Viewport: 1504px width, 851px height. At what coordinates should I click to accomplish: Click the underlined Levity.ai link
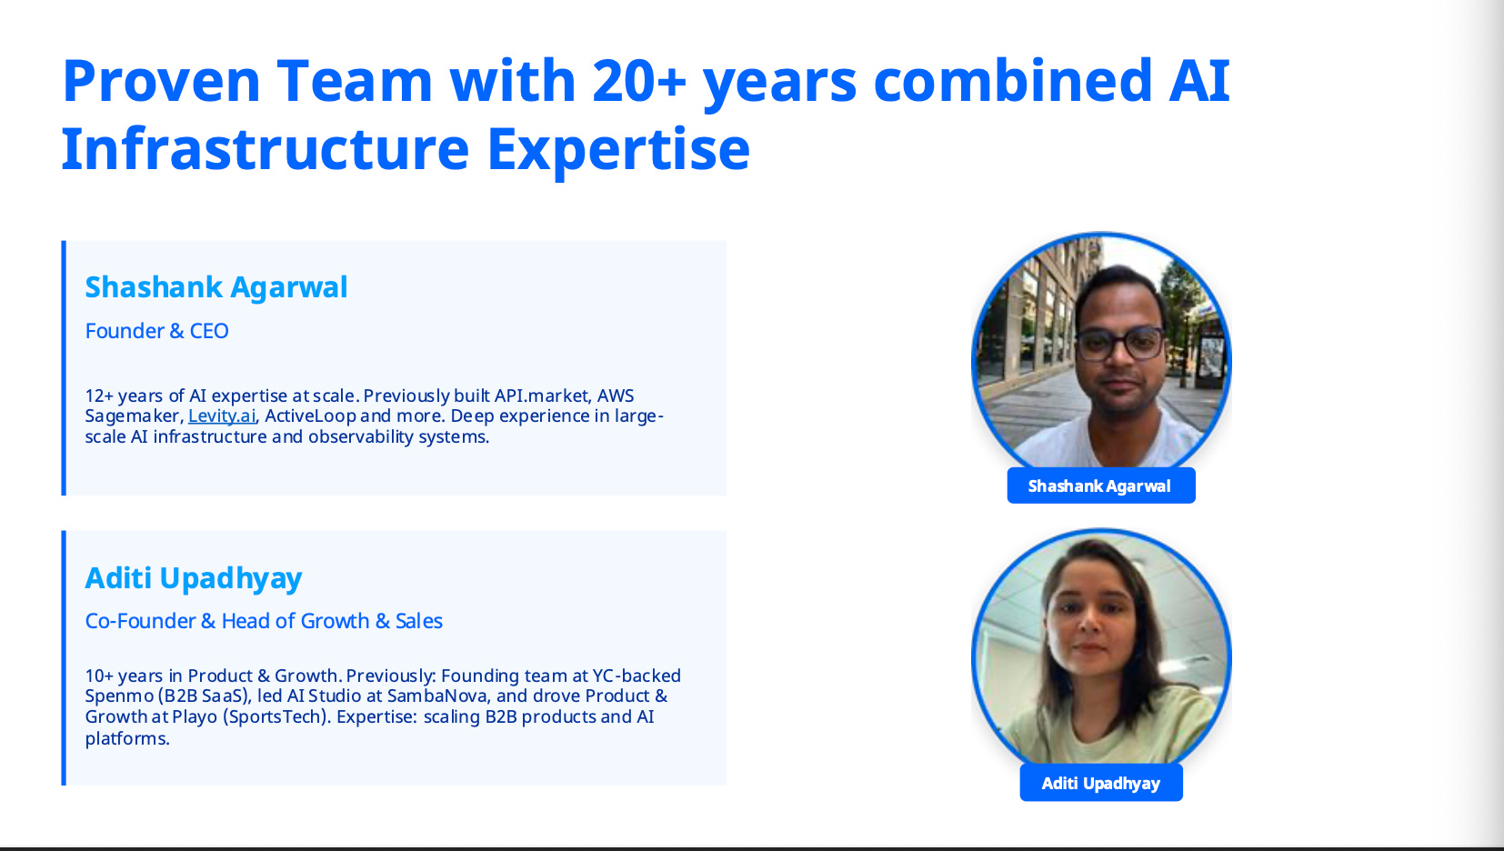click(x=222, y=416)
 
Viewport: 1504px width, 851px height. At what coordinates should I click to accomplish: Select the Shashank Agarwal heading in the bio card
click(x=216, y=288)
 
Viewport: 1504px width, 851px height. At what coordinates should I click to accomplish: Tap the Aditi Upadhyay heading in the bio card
click(x=194, y=579)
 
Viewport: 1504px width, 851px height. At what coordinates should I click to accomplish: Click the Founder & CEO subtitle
click(x=156, y=331)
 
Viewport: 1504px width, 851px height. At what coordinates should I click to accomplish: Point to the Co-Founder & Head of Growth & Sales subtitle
click(x=263, y=622)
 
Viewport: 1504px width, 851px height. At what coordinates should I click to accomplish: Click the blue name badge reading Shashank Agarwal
click(x=1101, y=486)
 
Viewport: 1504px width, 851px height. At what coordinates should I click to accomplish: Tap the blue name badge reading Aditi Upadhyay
click(x=1101, y=783)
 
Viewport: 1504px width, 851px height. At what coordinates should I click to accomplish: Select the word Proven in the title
click(x=161, y=81)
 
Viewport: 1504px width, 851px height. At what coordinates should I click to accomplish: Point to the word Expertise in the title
click(x=618, y=151)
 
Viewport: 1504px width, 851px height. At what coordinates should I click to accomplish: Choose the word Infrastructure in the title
click(x=266, y=149)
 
